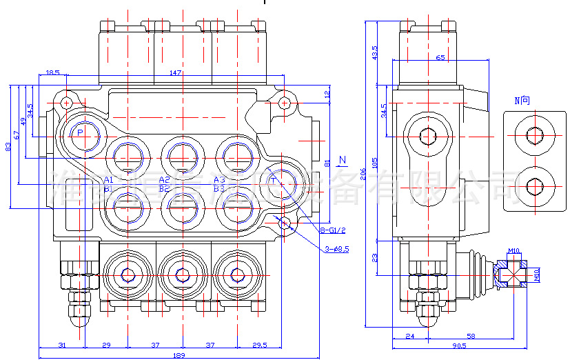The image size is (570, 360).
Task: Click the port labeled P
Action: (80, 132)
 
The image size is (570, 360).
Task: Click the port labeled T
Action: (274, 181)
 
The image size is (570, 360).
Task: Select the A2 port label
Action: (164, 180)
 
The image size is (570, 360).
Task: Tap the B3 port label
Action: (219, 188)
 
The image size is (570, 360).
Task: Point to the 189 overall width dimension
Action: (179, 355)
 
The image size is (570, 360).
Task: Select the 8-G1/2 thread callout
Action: (333, 230)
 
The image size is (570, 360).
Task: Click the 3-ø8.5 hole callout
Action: (337, 249)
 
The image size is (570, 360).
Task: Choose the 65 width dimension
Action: (440, 59)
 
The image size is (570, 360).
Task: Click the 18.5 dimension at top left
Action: (52, 72)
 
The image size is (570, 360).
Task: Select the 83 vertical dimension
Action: (8, 146)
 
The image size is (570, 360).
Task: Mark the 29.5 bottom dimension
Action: (260, 345)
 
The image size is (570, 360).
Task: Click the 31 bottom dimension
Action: (61, 345)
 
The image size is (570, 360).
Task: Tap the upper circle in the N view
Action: (534, 135)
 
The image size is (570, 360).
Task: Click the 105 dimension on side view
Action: (376, 163)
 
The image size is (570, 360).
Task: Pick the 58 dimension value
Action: (471, 336)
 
